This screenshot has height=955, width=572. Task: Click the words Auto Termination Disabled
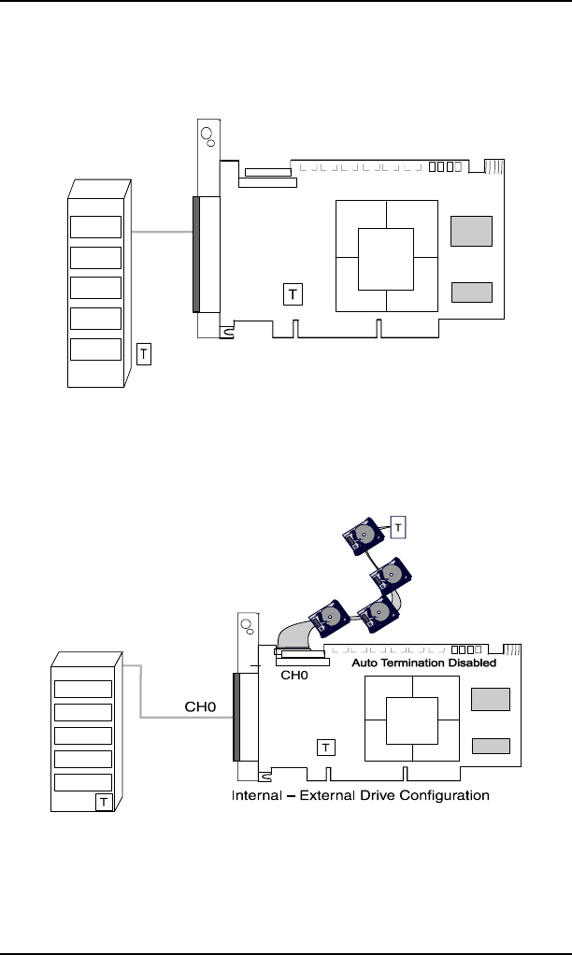click(424, 663)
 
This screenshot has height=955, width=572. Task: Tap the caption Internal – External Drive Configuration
click(361, 795)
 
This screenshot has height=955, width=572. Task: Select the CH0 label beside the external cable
click(200, 707)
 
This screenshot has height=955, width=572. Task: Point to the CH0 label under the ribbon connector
click(294, 676)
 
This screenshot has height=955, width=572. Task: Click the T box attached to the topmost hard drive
click(398, 527)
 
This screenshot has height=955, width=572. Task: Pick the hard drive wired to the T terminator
click(364, 536)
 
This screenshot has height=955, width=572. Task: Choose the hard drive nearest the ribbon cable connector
click(330, 619)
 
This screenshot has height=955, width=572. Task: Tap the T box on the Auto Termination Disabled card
click(326, 748)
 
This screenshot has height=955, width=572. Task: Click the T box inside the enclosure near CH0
click(104, 802)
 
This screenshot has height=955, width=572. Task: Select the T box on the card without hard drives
click(293, 294)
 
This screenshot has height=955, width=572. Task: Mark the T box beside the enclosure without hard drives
click(144, 354)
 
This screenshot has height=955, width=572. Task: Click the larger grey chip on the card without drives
click(471, 232)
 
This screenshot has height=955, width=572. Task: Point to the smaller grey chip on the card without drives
click(472, 292)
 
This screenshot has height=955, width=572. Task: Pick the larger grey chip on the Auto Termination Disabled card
click(491, 699)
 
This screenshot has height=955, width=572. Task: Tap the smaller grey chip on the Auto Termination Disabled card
click(491, 746)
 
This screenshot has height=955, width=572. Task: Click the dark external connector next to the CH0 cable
click(236, 718)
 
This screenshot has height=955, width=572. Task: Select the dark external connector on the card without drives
click(196, 254)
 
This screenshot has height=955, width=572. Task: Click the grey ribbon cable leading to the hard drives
click(294, 637)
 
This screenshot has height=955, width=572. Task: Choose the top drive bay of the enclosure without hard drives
click(95, 227)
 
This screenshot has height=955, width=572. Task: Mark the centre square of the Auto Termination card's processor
click(412, 721)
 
